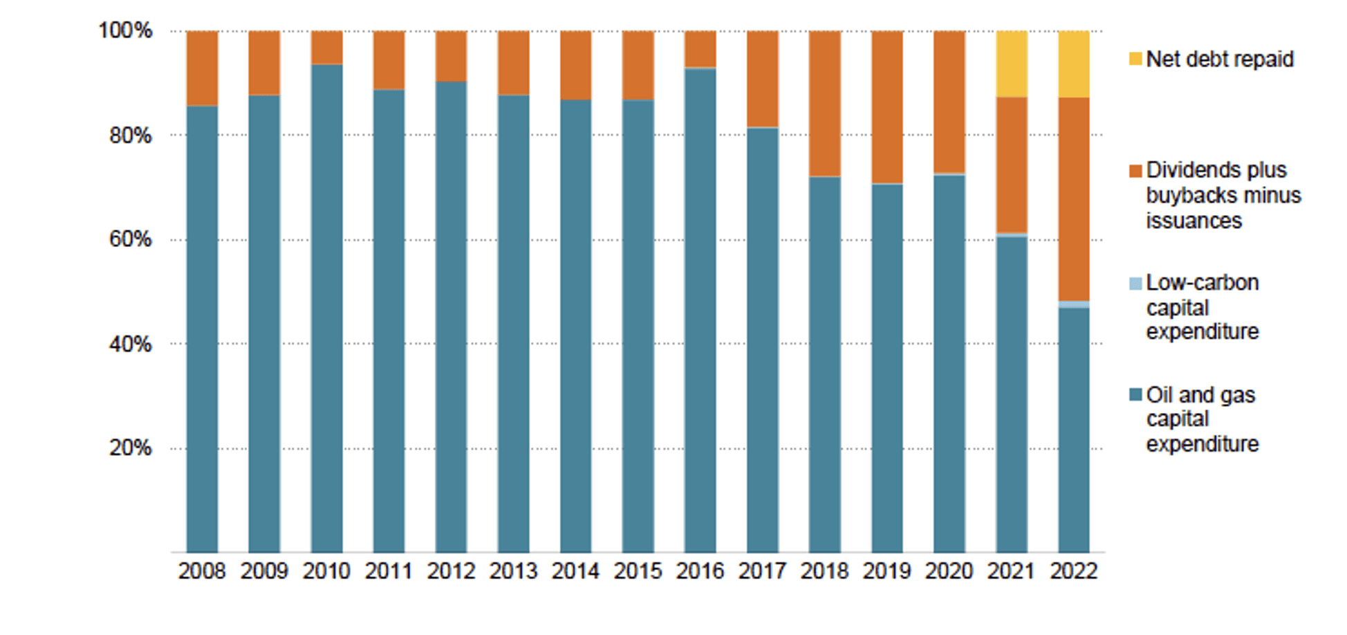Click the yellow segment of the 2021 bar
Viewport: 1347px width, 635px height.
tap(1012, 64)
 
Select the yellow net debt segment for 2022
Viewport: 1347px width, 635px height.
tap(1074, 64)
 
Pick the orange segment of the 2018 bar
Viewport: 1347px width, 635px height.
tap(825, 104)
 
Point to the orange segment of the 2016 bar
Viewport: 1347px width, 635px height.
tap(700, 48)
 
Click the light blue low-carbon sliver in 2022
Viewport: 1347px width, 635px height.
tap(1074, 304)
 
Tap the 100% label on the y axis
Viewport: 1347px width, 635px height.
tap(125, 30)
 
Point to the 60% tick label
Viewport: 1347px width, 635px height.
tap(130, 239)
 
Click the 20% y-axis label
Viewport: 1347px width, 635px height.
tap(130, 448)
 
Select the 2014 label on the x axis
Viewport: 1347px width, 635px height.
tap(575, 571)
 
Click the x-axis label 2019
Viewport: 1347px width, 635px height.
tap(886, 571)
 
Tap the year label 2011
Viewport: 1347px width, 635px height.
tap(389, 571)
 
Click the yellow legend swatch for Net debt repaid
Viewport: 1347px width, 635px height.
tap(1135, 59)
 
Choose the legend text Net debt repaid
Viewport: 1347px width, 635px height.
tap(1220, 59)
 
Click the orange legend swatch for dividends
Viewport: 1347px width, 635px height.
tap(1135, 171)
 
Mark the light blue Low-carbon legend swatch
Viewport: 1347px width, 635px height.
tap(1135, 284)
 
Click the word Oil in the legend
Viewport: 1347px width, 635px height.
tap(1160, 395)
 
